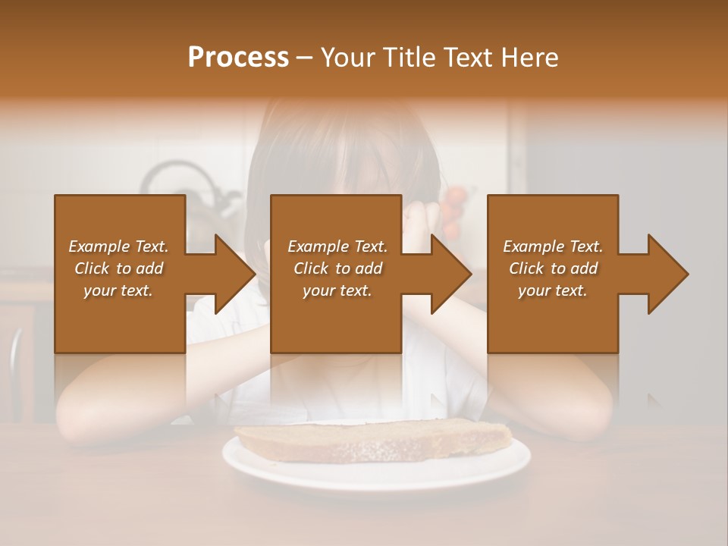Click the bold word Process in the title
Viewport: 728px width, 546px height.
(238, 58)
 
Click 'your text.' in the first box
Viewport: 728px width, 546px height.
(118, 290)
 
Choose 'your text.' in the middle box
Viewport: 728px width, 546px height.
(337, 290)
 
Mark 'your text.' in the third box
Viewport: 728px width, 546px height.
(553, 290)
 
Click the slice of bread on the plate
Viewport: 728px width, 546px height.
(372, 440)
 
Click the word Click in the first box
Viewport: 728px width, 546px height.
(93, 268)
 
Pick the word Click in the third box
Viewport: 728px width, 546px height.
(527, 268)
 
